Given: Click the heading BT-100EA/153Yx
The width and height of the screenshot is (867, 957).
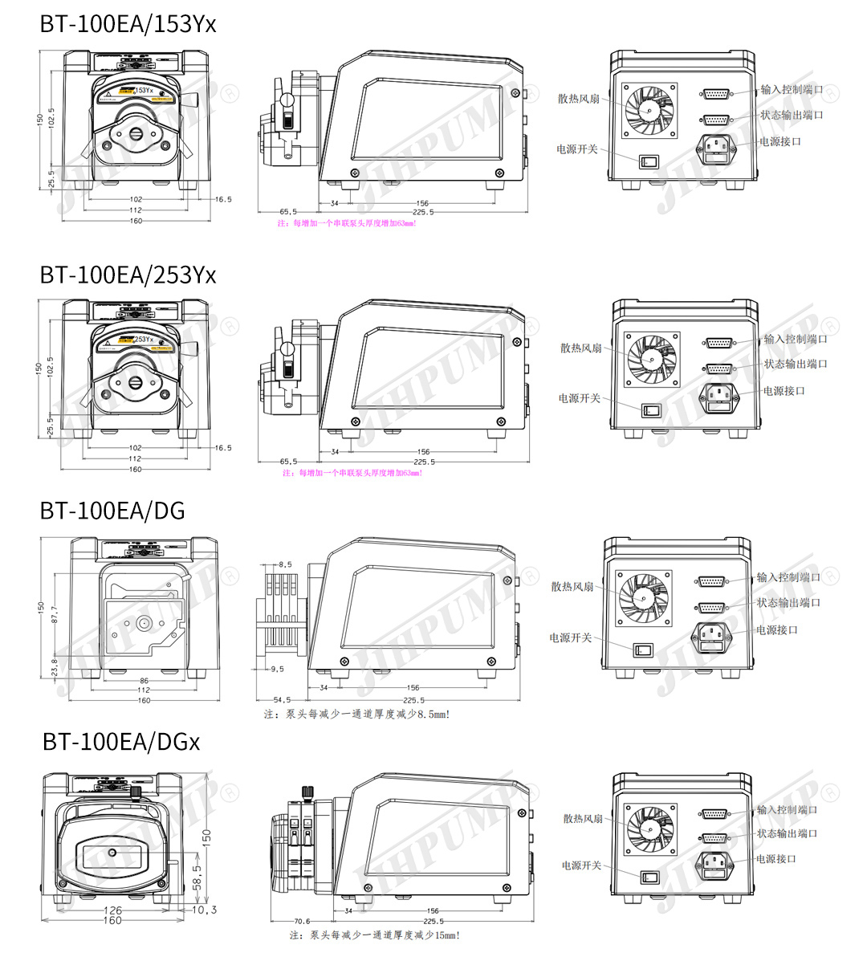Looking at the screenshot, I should pyautogui.click(x=128, y=24).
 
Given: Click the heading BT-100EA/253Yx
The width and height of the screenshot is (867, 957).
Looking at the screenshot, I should pyautogui.click(x=128, y=275).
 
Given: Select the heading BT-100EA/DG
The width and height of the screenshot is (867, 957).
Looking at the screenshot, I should pyautogui.click(x=112, y=510).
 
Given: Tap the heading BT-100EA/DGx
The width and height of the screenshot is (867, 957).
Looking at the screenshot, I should pyautogui.click(x=121, y=741).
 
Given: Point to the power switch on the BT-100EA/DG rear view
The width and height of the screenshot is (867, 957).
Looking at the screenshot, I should pyautogui.click(x=643, y=649).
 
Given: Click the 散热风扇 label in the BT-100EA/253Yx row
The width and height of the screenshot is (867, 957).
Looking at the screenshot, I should pyautogui.click(x=580, y=348).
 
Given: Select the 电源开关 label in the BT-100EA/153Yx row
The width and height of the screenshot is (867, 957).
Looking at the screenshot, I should pyautogui.click(x=576, y=149).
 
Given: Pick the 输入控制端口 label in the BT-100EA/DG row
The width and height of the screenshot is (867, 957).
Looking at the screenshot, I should pyautogui.click(x=788, y=577).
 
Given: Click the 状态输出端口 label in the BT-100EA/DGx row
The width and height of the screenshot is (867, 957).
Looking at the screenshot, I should pyautogui.click(x=787, y=834).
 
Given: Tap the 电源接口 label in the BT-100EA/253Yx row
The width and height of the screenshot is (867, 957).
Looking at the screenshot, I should pyautogui.click(x=783, y=391).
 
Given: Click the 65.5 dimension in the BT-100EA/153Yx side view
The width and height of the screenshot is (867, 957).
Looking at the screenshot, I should pyautogui.click(x=288, y=212).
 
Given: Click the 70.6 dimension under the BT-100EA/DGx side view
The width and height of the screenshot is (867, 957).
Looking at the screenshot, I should pyautogui.click(x=301, y=922).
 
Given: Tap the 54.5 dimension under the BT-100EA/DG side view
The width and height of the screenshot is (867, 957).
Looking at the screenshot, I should pyautogui.click(x=283, y=699).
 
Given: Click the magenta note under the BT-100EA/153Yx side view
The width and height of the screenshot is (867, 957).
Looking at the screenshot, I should pyautogui.click(x=347, y=223).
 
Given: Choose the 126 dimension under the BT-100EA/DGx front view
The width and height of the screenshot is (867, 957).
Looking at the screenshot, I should pyautogui.click(x=113, y=910).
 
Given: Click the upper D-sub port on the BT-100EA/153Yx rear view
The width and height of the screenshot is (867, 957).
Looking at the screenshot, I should pyautogui.click(x=716, y=94).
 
